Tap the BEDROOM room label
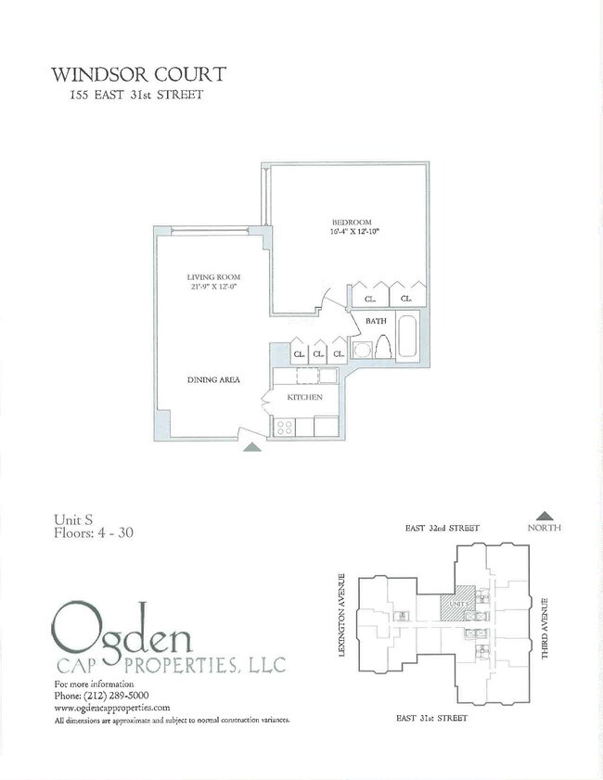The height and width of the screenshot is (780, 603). pos(352,223)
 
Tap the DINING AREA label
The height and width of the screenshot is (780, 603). pos(215,380)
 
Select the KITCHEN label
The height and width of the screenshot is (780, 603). pos(304,397)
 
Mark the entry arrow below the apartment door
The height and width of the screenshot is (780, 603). pos(251,447)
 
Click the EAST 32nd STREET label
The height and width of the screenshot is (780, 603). pos(443,528)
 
